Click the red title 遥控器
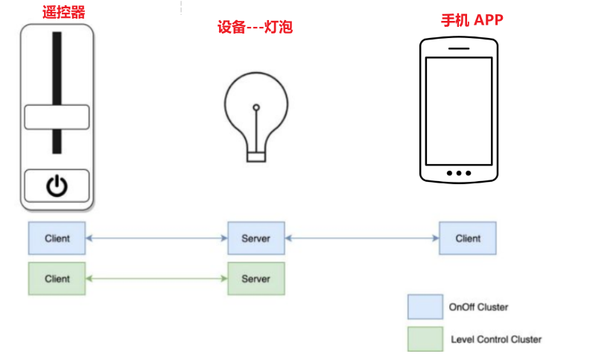(57, 12)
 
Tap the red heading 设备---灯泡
(255, 28)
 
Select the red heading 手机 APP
(472, 19)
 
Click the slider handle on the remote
(57, 118)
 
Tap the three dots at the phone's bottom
(458, 173)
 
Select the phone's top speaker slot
(458, 45)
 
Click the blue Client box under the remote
(57, 239)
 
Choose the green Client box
(57, 279)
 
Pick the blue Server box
(256, 239)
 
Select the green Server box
(256, 279)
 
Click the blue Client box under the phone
(468, 239)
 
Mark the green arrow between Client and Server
(156, 279)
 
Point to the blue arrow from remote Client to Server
(156, 239)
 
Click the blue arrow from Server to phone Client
(362, 239)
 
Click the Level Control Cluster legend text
(496, 339)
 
